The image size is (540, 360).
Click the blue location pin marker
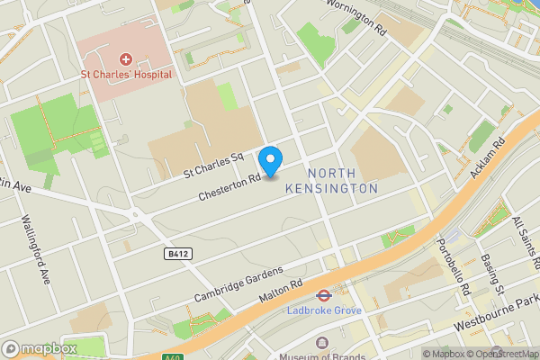click(270, 160)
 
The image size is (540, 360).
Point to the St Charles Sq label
click(214, 162)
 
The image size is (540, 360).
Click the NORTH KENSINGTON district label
click(331, 181)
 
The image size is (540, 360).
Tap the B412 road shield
click(178, 255)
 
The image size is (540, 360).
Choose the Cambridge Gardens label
click(238, 283)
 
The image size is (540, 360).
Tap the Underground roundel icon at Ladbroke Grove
click(319, 295)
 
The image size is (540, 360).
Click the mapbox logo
click(39, 348)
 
